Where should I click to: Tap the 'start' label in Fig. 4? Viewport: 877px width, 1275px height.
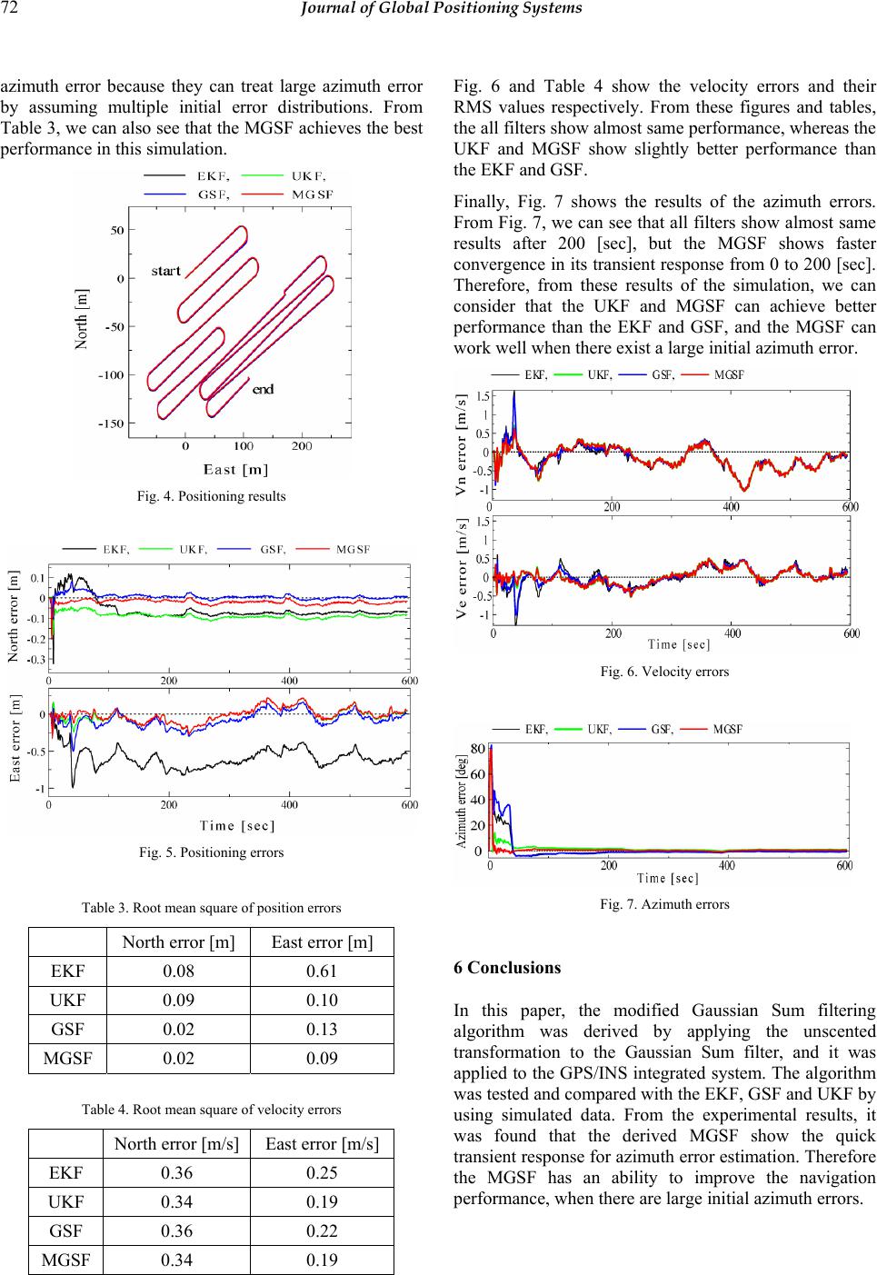(x=166, y=271)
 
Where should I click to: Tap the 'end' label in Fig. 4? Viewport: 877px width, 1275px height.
(x=263, y=389)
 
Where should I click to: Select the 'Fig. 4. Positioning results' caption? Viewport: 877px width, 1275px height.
(x=211, y=496)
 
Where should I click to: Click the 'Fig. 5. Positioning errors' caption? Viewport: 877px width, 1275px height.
(x=211, y=852)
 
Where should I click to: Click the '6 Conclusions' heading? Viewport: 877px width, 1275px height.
(x=506, y=967)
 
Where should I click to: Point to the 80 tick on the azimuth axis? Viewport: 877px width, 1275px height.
(x=478, y=749)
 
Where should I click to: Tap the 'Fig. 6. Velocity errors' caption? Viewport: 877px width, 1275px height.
(x=664, y=672)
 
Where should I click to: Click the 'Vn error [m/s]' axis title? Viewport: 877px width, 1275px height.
(x=463, y=446)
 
